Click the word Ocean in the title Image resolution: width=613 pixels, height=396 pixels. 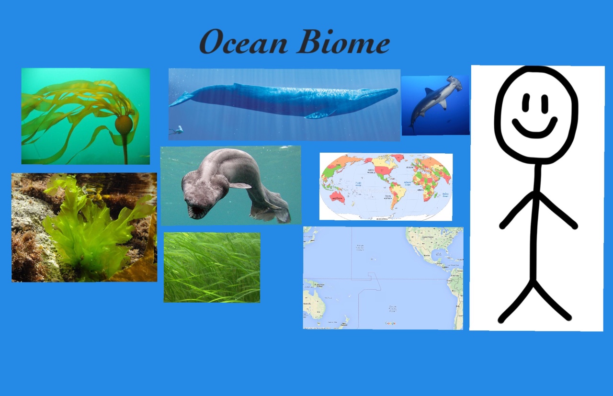pyautogui.click(x=243, y=42)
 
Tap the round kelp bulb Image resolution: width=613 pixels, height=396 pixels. pyautogui.click(x=124, y=124)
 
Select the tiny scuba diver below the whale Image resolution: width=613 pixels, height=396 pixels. pyautogui.click(x=178, y=130)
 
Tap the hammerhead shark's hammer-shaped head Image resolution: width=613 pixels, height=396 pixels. pyautogui.click(x=454, y=82)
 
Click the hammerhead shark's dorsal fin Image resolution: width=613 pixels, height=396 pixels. pyautogui.click(x=429, y=91)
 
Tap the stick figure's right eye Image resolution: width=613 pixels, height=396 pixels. pyautogui.click(x=545, y=102)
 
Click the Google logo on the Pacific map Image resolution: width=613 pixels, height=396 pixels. pyautogui.click(x=390, y=323)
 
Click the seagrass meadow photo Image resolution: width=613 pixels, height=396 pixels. pyautogui.click(x=212, y=267)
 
